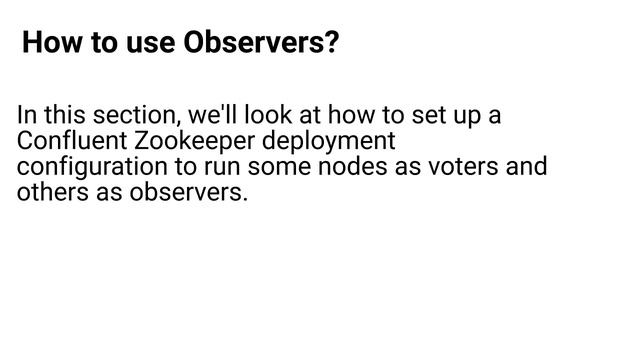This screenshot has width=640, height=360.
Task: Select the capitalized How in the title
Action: point(48,44)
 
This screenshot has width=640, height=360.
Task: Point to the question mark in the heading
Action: point(332,44)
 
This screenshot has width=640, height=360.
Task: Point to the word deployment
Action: point(330,141)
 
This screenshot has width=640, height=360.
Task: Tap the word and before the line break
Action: point(526,166)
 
